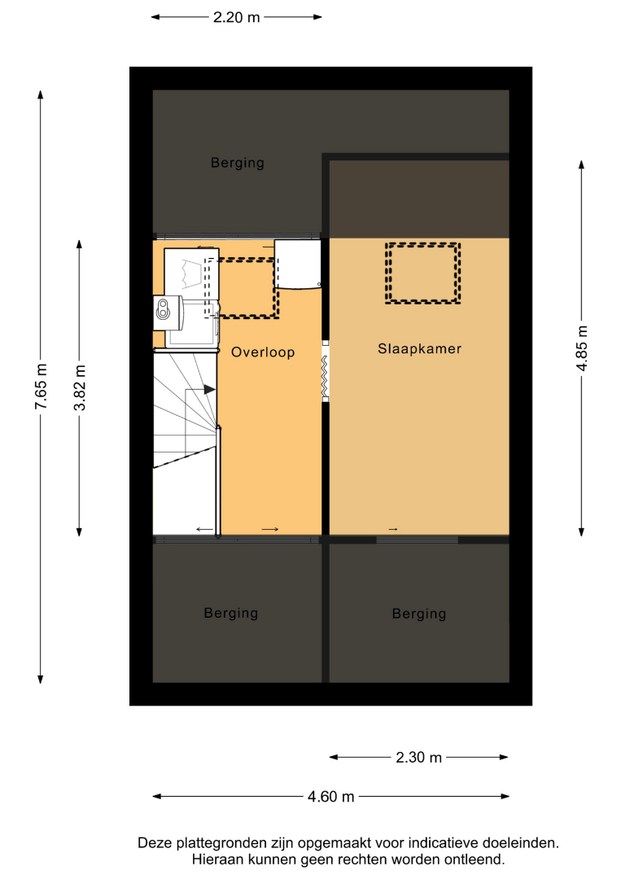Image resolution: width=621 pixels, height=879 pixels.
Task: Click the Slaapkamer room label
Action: pos(419,348)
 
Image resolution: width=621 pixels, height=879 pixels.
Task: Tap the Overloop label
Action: pos(263,352)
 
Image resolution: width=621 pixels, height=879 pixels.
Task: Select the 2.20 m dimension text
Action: pos(237,17)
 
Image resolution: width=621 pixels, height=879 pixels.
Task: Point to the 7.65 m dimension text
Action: pos(41,387)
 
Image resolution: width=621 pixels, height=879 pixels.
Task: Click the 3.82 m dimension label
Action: pos(80,387)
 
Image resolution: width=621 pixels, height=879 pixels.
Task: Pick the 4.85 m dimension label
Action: pos(582,348)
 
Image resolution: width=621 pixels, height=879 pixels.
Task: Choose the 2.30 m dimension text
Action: pos(418,758)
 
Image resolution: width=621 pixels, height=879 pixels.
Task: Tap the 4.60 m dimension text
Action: pos(330,797)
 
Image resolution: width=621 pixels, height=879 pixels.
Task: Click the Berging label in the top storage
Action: pos(237,163)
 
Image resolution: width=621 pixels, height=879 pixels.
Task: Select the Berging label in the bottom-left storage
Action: pos(231,614)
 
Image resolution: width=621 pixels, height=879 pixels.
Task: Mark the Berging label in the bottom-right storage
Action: pos(419,614)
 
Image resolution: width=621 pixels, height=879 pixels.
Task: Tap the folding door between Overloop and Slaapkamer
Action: pos(325,370)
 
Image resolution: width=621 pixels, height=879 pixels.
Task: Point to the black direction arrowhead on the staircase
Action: pos(210,389)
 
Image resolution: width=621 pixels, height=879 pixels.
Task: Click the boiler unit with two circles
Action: pos(168,313)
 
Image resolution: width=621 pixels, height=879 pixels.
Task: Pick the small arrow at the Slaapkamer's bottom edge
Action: pos(393,529)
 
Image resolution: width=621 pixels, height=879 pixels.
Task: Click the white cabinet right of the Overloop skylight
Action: pos(298,265)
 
